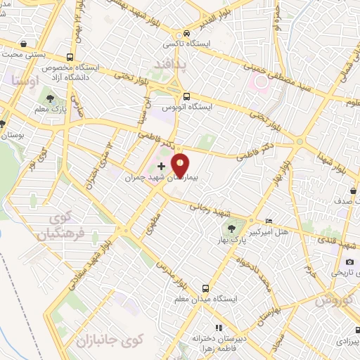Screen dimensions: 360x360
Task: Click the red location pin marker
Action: (180, 165)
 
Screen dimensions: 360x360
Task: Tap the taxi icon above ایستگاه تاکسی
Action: (186, 33)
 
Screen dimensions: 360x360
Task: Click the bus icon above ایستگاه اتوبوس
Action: (186, 96)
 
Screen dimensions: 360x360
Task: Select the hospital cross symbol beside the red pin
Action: (162, 166)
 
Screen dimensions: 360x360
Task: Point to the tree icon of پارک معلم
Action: (50, 98)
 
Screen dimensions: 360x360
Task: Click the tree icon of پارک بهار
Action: (231, 229)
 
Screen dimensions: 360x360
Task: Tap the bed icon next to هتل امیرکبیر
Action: (269, 221)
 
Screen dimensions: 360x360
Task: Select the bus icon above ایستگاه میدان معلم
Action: (205, 288)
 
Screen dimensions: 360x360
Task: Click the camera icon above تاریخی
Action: (349, 262)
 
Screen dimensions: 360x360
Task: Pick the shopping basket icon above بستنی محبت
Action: (25, 44)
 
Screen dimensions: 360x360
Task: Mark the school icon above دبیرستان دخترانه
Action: (219, 327)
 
